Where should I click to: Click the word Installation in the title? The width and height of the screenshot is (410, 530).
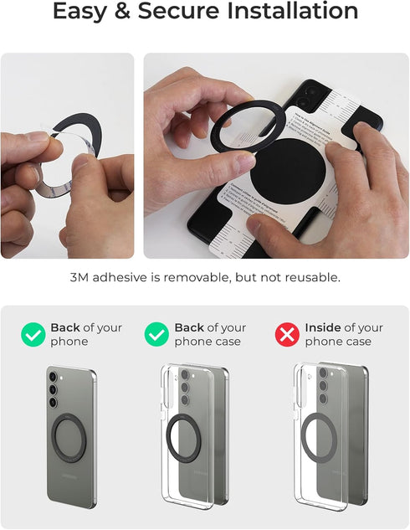click(x=292, y=12)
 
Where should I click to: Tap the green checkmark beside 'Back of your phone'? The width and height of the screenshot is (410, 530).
click(x=33, y=335)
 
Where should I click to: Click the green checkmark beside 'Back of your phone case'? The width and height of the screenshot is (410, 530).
click(x=156, y=335)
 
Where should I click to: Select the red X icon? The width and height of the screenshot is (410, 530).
click(x=287, y=335)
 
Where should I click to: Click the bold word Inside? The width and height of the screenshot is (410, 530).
click(x=322, y=327)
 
